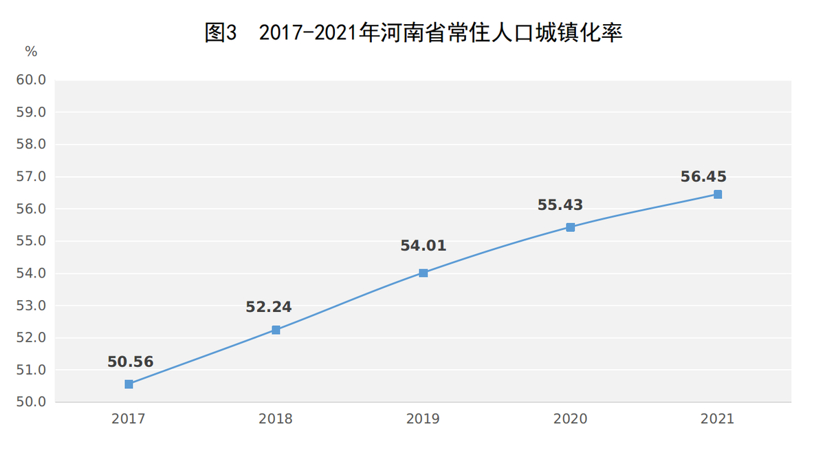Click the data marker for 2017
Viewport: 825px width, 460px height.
point(129,384)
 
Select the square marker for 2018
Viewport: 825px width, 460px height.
point(276,330)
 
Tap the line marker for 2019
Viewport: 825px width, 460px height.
point(423,273)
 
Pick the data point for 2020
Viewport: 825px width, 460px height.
point(571,227)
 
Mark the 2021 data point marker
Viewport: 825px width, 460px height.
point(718,194)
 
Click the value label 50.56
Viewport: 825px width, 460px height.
point(130,362)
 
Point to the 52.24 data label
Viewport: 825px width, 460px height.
point(269,307)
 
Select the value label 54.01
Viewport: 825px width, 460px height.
point(423,246)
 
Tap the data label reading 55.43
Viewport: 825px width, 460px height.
point(560,205)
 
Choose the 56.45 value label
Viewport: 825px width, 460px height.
point(703,176)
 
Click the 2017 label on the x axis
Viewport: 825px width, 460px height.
point(129,419)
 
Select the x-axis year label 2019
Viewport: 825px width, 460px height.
point(423,419)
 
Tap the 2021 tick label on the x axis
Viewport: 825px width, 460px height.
point(718,419)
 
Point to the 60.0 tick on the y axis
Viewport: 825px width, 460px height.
point(31,80)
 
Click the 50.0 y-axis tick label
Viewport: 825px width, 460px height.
point(31,402)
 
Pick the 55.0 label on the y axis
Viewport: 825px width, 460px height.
point(31,241)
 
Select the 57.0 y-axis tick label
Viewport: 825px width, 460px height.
point(31,177)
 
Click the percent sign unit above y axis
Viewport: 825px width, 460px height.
point(31,52)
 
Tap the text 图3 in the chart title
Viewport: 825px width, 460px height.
point(221,32)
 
